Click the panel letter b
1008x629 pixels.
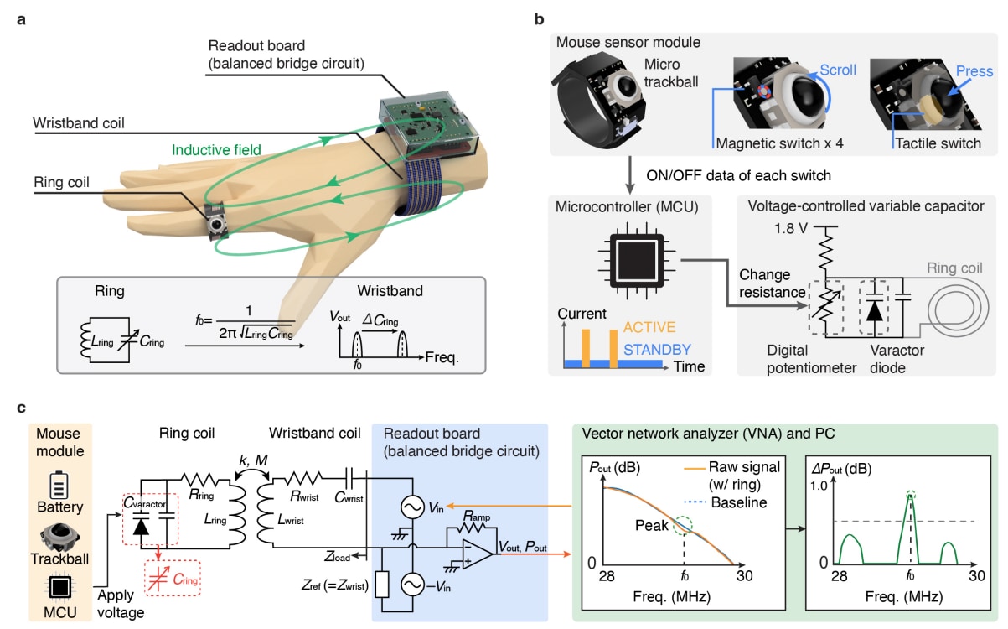(x=538, y=18)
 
